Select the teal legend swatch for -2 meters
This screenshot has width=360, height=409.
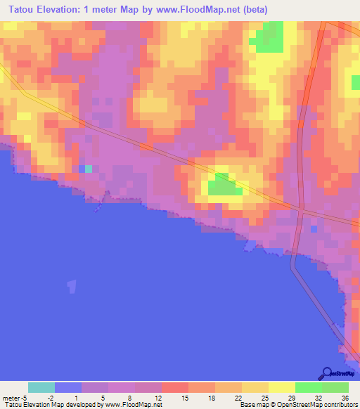pyautogui.click(x=41, y=387)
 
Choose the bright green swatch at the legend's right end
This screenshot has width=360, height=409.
pyautogui.click(x=335, y=387)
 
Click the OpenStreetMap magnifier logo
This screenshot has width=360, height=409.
pyautogui.click(x=327, y=373)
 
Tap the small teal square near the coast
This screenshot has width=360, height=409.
pyautogui.click(x=88, y=169)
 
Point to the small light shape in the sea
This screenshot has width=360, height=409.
pyautogui.click(x=71, y=286)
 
